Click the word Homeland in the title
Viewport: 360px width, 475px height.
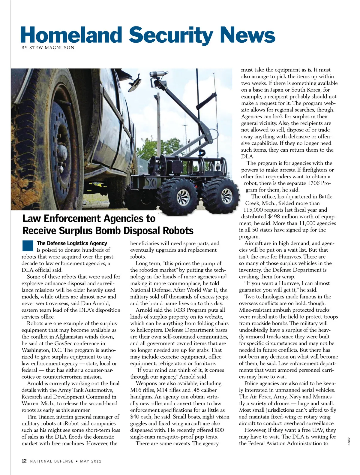pyautogui.click(x=71, y=35)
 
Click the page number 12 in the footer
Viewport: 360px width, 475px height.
pyautogui.click(x=24, y=461)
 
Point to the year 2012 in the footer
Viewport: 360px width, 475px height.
pyautogui.click(x=96, y=461)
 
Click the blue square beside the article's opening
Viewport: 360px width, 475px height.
pyautogui.click(x=28, y=246)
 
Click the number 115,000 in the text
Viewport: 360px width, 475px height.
pyautogui.click(x=255, y=210)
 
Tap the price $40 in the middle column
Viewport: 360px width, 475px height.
pyautogui.click(x=135, y=417)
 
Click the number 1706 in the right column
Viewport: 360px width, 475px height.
pyautogui.click(x=314, y=183)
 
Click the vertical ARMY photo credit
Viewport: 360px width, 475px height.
pyautogui.click(x=349, y=441)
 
